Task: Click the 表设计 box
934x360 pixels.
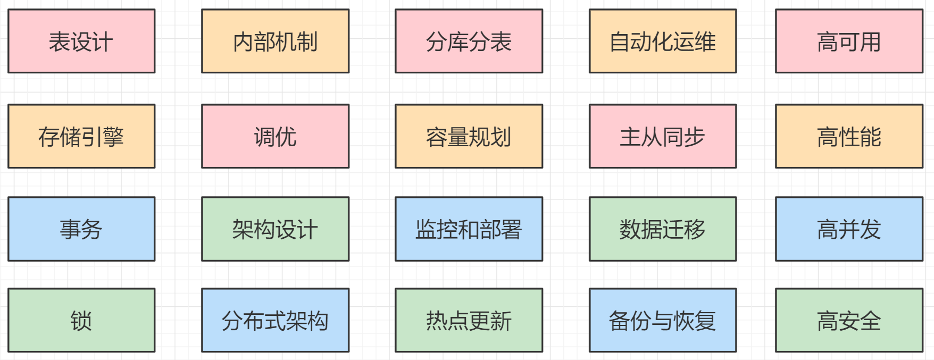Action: [81, 41]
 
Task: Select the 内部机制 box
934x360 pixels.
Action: [275, 41]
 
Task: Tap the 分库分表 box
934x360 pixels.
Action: [469, 41]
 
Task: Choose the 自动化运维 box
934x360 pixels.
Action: [663, 41]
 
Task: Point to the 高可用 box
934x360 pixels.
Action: [849, 41]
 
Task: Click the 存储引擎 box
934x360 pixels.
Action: [81, 136]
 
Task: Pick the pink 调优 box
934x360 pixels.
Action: [275, 136]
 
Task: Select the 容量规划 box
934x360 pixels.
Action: [469, 136]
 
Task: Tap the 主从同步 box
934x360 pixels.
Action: [663, 136]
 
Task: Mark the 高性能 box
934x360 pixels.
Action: [849, 136]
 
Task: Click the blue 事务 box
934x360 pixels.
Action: [81, 229]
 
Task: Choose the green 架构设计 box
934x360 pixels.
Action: [275, 229]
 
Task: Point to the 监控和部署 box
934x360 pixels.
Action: [469, 229]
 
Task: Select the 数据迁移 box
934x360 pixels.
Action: [663, 229]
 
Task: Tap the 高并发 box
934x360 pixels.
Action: [849, 229]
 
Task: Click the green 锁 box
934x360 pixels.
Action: [81, 320]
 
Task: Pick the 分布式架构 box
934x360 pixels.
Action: [275, 320]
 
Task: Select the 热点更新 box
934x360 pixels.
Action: [469, 320]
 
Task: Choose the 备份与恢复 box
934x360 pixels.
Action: [663, 320]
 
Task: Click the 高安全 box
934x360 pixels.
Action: [849, 320]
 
